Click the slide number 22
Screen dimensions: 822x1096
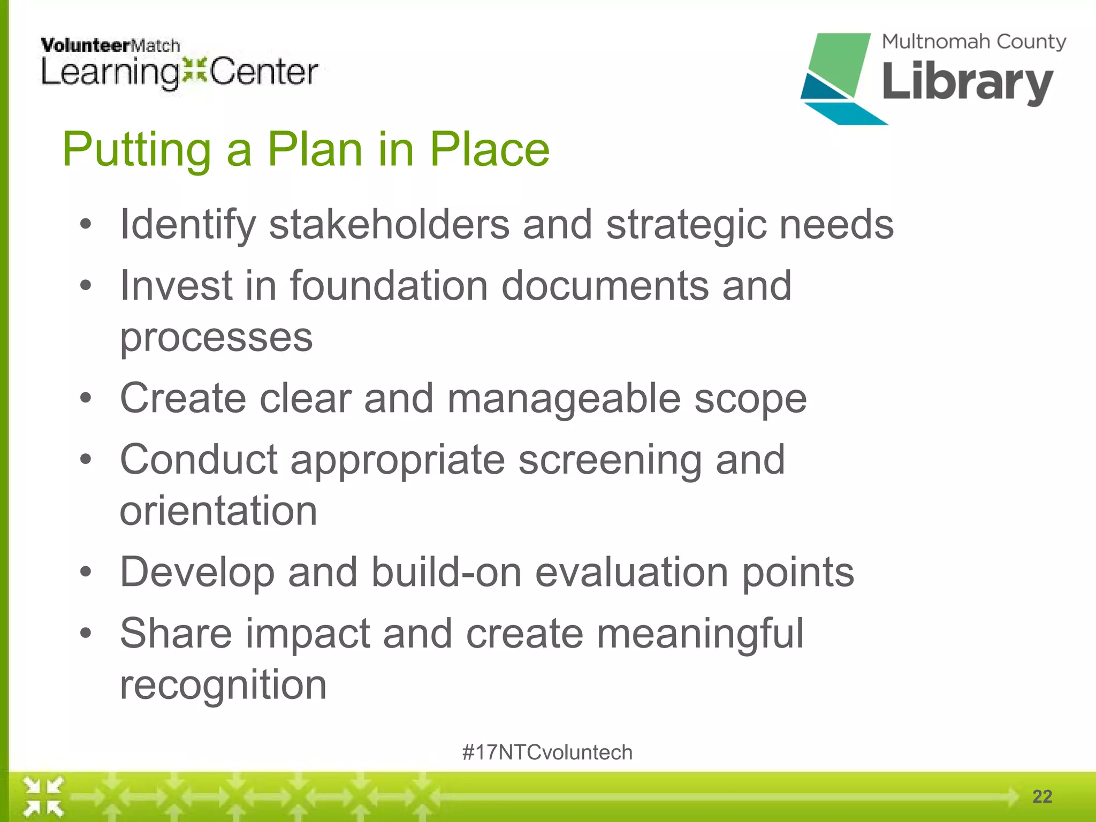point(1042,796)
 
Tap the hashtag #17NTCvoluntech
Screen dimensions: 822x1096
point(547,752)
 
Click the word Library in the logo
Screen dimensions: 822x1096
point(968,82)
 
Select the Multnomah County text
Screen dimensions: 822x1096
point(973,42)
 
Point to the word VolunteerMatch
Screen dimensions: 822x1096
point(110,45)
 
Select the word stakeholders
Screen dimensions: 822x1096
point(389,225)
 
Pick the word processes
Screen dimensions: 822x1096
point(216,338)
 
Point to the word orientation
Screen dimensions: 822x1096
point(218,511)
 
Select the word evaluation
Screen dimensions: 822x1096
point(631,573)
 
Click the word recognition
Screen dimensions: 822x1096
point(223,685)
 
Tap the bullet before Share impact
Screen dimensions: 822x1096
point(86,634)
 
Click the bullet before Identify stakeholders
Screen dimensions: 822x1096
point(86,225)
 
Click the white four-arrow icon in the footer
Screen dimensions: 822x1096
point(43,797)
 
